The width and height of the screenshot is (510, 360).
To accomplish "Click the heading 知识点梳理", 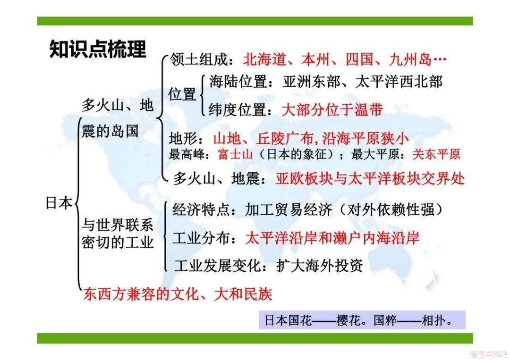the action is [x=98, y=49].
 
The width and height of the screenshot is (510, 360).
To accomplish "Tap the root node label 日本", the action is [x=59, y=203].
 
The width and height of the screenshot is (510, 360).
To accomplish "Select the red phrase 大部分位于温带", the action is [x=332, y=110].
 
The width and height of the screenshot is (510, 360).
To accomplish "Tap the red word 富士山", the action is [x=235, y=154].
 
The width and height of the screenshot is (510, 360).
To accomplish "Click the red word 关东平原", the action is [x=436, y=154].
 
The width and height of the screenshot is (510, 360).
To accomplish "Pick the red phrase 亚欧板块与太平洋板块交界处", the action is [x=370, y=179].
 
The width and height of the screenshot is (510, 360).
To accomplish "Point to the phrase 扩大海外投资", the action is [x=320, y=266].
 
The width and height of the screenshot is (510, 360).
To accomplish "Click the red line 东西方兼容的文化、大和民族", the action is [x=178, y=294].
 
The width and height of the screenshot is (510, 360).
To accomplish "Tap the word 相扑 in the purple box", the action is [x=433, y=320].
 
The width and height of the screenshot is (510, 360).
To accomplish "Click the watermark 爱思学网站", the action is [x=489, y=354].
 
